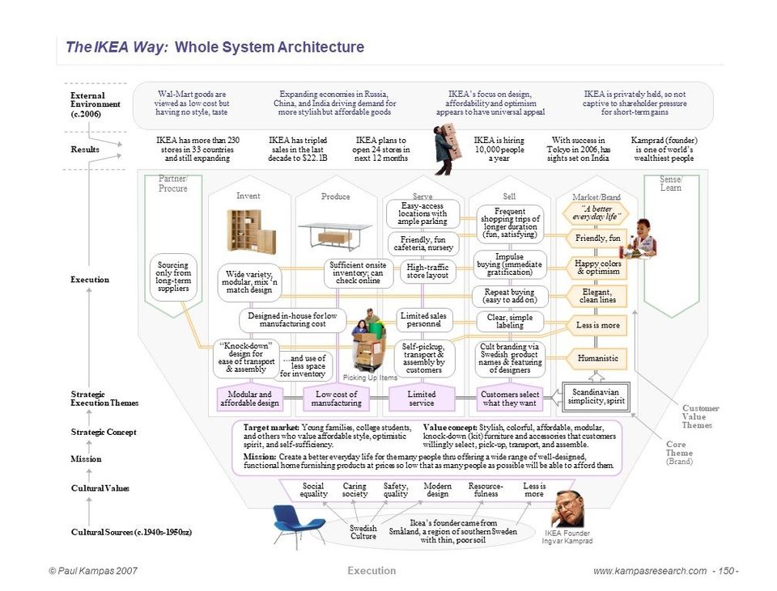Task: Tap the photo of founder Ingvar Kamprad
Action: [568, 509]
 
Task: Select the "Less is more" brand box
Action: [597, 325]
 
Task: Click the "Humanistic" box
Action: [597, 358]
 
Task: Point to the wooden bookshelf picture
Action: [250, 230]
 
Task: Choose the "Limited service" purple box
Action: [421, 399]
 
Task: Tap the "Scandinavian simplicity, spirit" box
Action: [597, 396]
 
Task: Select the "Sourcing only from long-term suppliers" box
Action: [173, 277]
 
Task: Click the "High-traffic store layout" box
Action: [427, 271]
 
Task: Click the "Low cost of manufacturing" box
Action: [336, 399]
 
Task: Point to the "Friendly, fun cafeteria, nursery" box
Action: [422, 243]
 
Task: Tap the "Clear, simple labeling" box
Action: [509, 321]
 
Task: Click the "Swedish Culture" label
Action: [363, 532]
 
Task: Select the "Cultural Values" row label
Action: [100, 488]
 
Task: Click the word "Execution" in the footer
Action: [372, 571]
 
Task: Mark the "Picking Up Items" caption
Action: [370, 378]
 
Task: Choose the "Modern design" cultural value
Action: [437, 489]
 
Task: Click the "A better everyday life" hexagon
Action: [596, 213]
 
